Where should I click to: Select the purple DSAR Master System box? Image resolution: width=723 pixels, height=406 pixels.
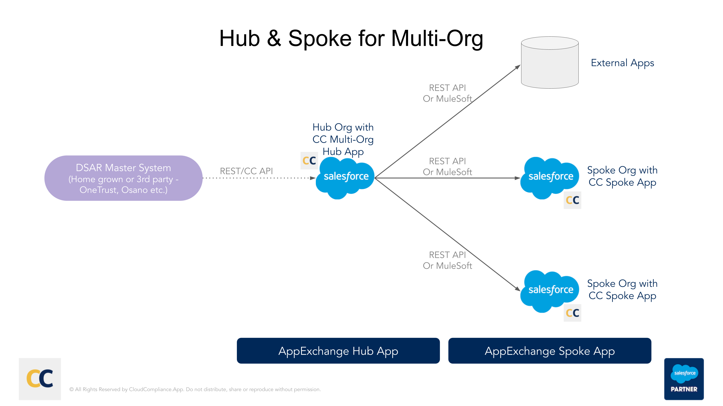(123, 178)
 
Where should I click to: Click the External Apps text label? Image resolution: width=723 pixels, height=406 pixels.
(622, 63)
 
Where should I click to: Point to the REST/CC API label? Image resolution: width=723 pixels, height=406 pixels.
(246, 171)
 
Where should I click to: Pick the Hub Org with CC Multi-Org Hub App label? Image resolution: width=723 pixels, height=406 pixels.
(343, 139)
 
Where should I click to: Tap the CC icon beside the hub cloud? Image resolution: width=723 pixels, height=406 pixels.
(309, 161)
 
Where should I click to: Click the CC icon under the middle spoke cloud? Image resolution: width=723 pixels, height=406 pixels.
(572, 200)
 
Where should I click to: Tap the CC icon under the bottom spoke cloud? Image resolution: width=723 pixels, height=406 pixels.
(572, 313)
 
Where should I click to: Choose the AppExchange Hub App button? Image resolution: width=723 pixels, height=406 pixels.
(338, 351)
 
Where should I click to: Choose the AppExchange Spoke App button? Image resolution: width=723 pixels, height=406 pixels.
(549, 351)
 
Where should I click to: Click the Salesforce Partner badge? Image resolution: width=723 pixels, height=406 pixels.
(684, 379)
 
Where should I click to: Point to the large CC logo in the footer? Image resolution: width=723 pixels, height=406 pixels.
(40, 379)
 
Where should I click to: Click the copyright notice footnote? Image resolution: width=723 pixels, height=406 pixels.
(195, 389)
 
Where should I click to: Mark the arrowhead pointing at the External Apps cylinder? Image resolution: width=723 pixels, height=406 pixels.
(518, 67)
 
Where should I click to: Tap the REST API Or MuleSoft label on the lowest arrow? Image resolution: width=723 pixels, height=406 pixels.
(447, 260)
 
